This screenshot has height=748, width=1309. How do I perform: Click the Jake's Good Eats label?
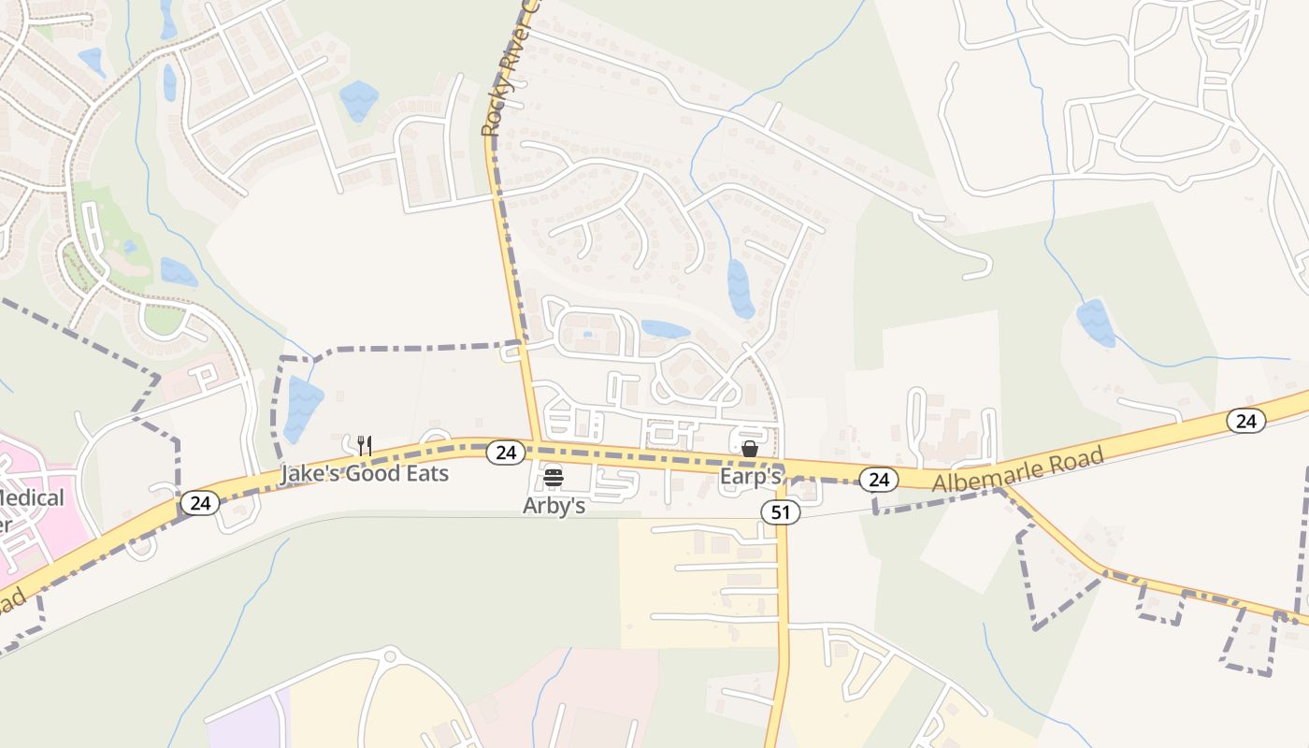365,474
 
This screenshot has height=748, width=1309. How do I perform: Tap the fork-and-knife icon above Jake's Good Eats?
365,446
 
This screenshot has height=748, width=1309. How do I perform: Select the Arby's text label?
554,506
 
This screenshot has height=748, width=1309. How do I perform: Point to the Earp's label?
750,477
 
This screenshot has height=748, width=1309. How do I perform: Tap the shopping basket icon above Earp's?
750,450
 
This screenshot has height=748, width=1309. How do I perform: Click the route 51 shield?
780,511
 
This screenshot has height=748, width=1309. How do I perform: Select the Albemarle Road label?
1018,469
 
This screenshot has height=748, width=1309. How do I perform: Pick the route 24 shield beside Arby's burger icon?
505,453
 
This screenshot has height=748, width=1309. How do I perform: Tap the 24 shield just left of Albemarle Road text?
878,480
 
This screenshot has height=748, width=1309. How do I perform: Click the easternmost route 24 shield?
1245,421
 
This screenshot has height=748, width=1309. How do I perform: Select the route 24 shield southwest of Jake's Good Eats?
199,503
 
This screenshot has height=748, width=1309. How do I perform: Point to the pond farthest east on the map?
1095,323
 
